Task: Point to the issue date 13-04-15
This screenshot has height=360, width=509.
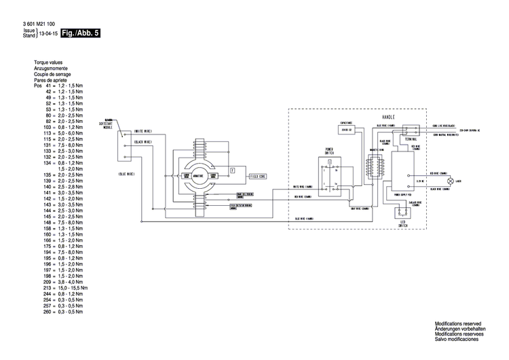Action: click(48, 34)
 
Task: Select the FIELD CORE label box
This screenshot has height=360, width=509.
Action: click(257, 175)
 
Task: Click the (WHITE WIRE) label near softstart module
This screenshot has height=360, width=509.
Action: click(143, 130)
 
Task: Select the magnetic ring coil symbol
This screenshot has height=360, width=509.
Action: click(371, 166)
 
